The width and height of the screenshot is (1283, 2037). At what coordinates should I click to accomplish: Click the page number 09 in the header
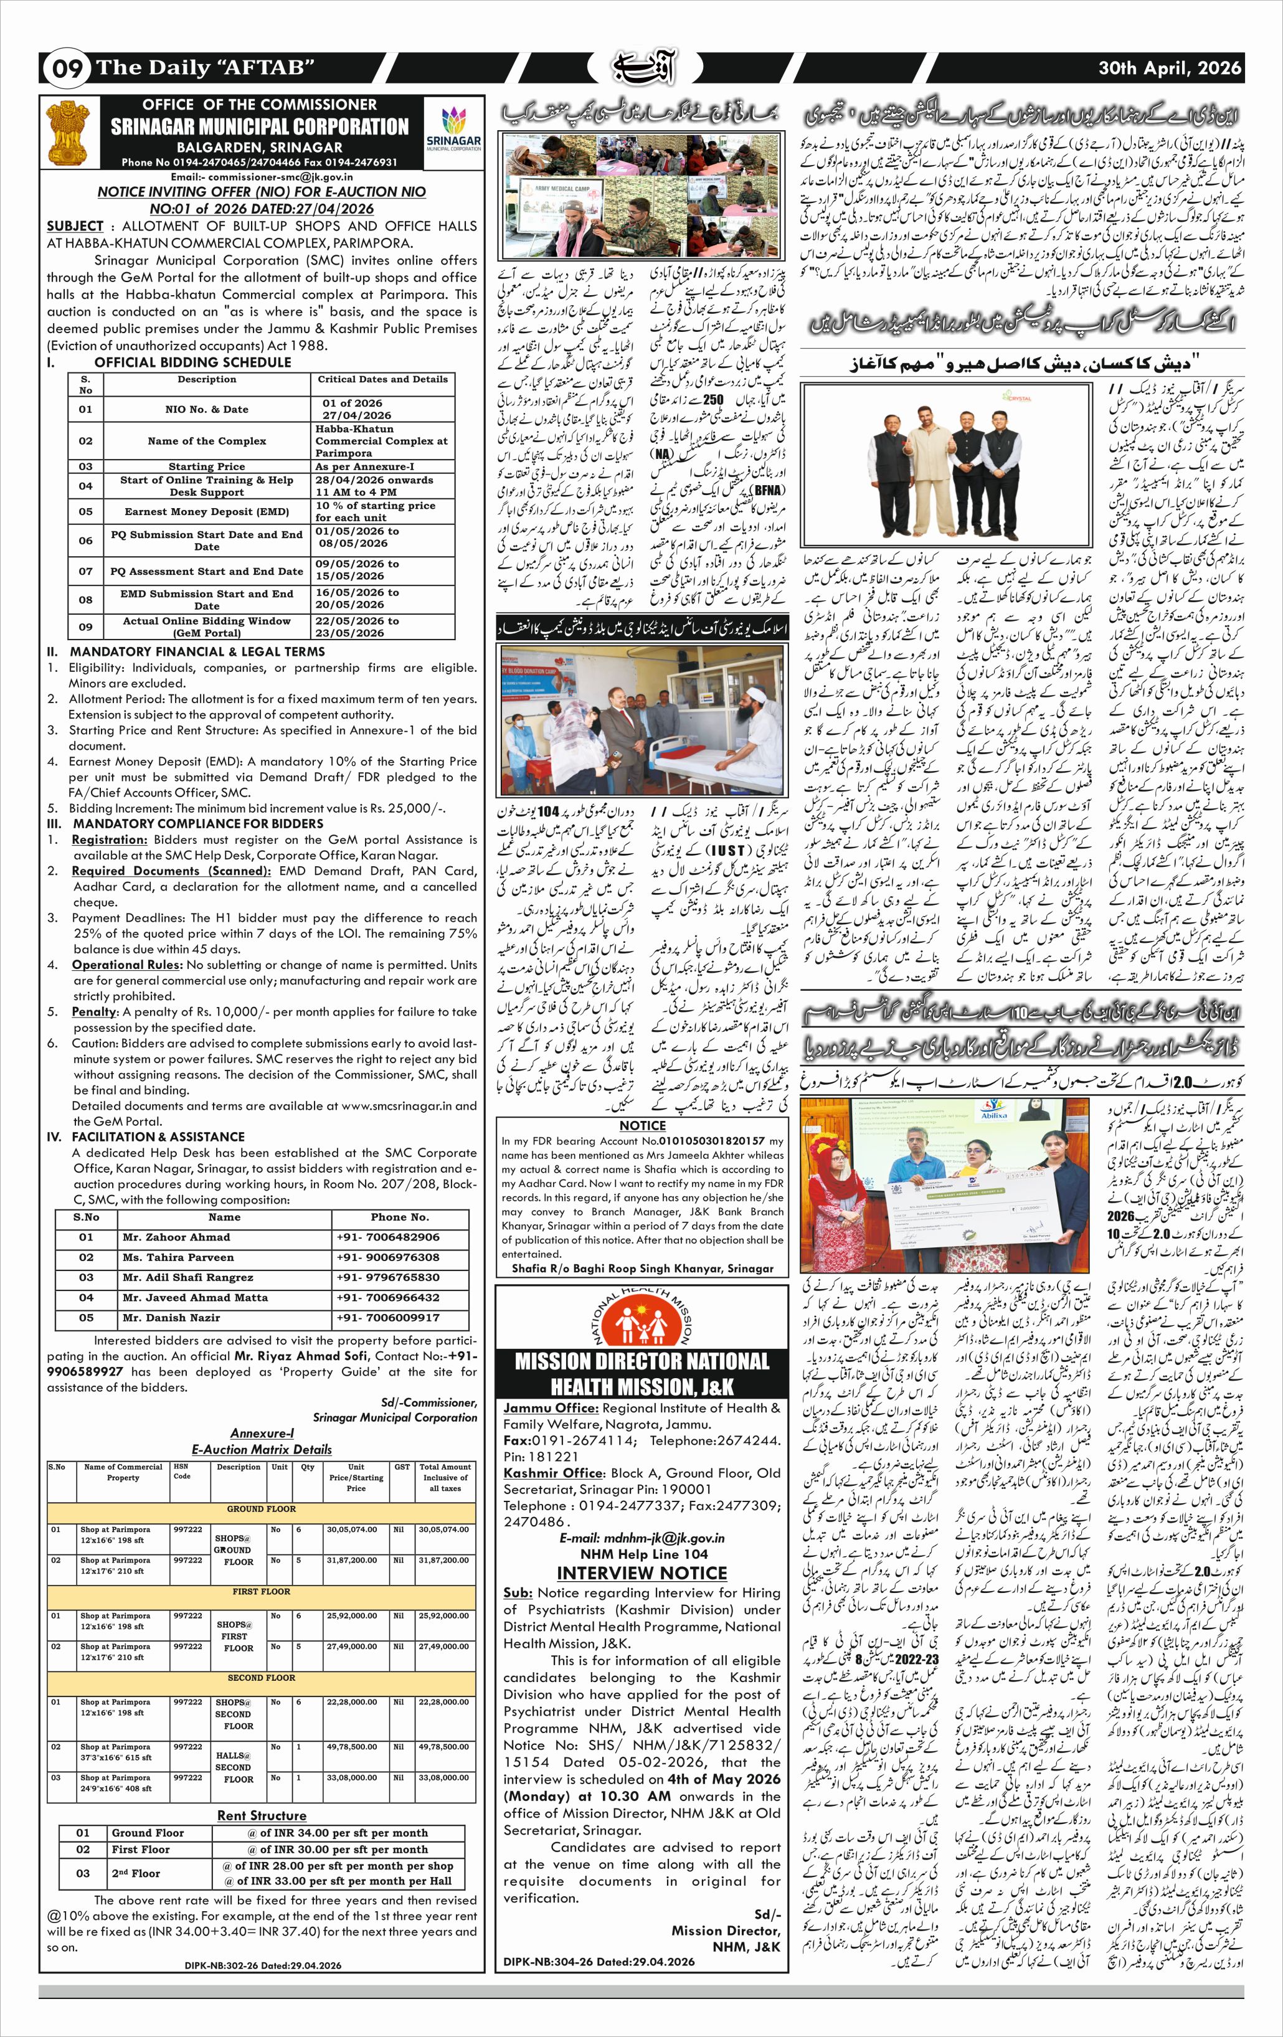pos(66,69)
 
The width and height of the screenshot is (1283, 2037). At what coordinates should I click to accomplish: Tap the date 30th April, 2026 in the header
pos(1170,69)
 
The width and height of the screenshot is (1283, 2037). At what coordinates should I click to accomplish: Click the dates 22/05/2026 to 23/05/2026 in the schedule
pos(357,627)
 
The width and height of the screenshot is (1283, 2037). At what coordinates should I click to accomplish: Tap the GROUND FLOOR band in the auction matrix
pos(262,1509)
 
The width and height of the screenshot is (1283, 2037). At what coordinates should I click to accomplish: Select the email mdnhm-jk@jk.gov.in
pos(641,1538)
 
